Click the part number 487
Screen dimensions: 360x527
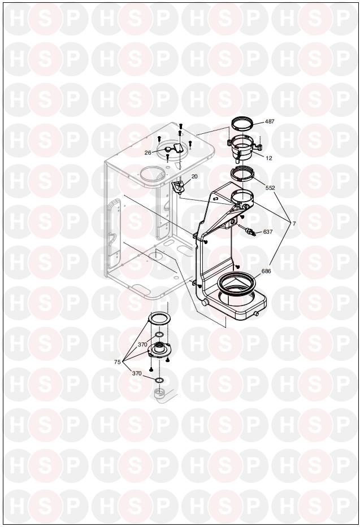[x=270, y=121]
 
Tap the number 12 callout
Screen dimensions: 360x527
[x=269, y=158]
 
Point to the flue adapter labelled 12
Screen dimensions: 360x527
[x=244, y=149]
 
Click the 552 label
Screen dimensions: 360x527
[x=270, y=188]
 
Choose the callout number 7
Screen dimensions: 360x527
[x=294, y=223]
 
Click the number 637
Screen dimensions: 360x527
[x=268, y=232]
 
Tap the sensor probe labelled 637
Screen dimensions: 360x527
[x=248, y=230]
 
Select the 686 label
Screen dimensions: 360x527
[x=266, y=271]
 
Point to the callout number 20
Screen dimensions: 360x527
[x=194, y=176]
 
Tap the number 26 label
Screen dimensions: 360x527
[x=148, y=153]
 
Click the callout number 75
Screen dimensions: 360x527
[x=118, y=362]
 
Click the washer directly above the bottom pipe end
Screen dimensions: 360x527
[x=159, y=380]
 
